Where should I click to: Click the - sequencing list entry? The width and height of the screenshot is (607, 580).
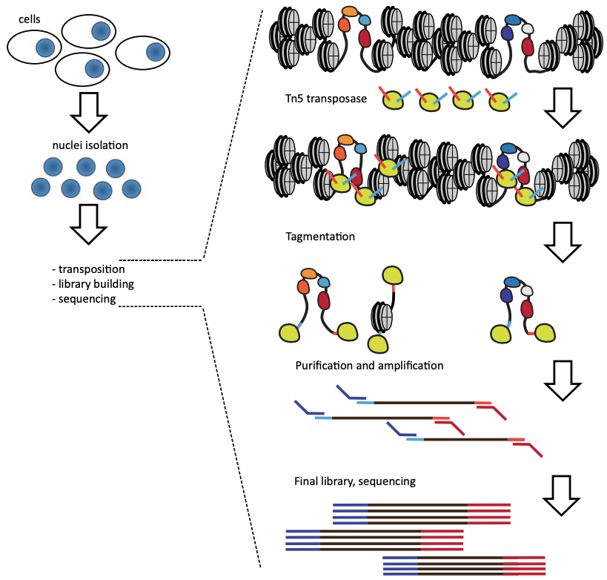[84, 299]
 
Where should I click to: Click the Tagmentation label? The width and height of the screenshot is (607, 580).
[319, 237]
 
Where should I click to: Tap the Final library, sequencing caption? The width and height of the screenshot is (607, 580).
[354, 481]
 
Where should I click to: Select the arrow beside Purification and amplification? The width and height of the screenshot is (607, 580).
[565, 378]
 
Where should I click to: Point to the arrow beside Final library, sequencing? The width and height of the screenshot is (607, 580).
[565, 494]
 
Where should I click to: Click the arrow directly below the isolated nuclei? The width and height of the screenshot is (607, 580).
[88, 225]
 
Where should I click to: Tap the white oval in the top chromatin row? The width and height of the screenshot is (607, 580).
[528, 29]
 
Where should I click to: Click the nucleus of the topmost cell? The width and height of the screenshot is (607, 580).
[101, 30]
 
